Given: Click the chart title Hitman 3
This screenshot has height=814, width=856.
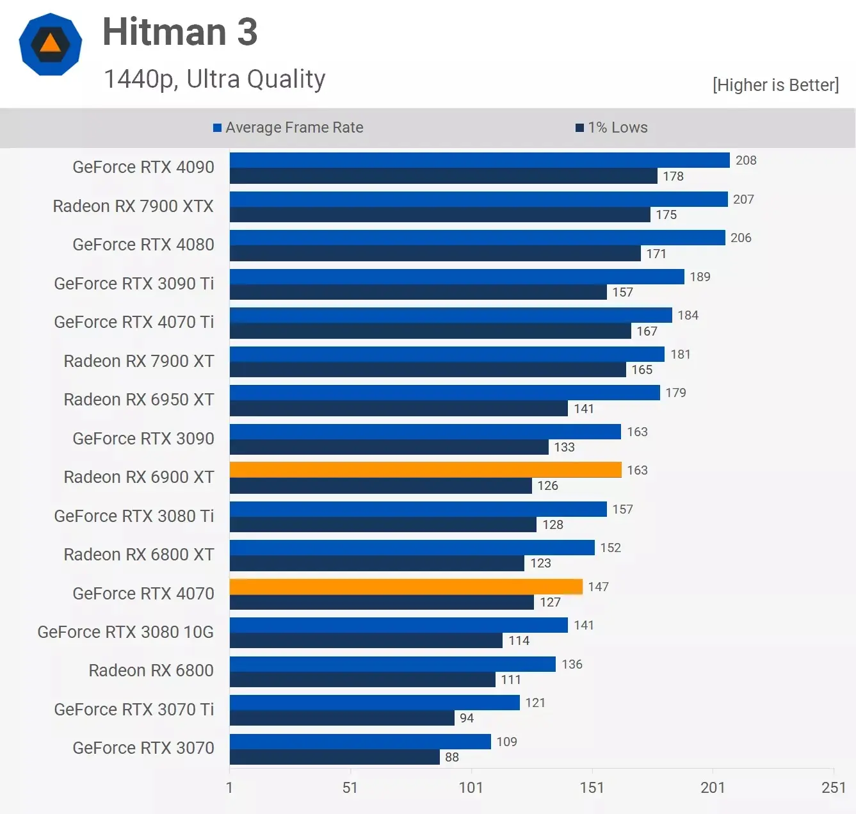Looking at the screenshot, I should click(180, 32).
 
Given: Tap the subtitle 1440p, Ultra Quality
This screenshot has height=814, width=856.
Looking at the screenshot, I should click(214, 79).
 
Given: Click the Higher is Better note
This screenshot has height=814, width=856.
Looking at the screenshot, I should click(775, 85).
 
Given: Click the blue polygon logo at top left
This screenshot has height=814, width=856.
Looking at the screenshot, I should click(51, 44).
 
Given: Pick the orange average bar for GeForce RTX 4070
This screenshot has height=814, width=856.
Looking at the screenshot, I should click(406, 587).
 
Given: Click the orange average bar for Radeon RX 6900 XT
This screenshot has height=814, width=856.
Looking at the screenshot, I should click(425, 470).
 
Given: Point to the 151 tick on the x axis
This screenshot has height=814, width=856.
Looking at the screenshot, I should click(592, 787).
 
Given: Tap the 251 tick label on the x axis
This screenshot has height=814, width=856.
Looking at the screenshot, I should click(833, 787).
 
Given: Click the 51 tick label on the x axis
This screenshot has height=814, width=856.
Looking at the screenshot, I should click(350, 787).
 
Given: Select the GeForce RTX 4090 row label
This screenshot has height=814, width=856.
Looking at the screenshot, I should click(143, 167).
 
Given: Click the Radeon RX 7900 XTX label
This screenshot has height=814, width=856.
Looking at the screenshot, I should click(133, 206).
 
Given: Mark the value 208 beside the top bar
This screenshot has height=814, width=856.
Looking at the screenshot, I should click(746, 160).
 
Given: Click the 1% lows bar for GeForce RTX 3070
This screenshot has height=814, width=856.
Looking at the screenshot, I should click(334, 757).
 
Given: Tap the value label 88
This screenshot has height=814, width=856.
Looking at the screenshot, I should click(452, 757).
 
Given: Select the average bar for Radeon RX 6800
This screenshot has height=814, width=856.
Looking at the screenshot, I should click(392, 664).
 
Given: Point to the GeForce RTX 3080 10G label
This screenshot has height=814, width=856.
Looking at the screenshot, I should click(125, 632).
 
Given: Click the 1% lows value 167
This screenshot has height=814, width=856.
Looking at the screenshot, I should click(647, 331).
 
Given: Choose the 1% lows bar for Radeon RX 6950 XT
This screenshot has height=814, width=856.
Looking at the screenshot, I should click(398, 409).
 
